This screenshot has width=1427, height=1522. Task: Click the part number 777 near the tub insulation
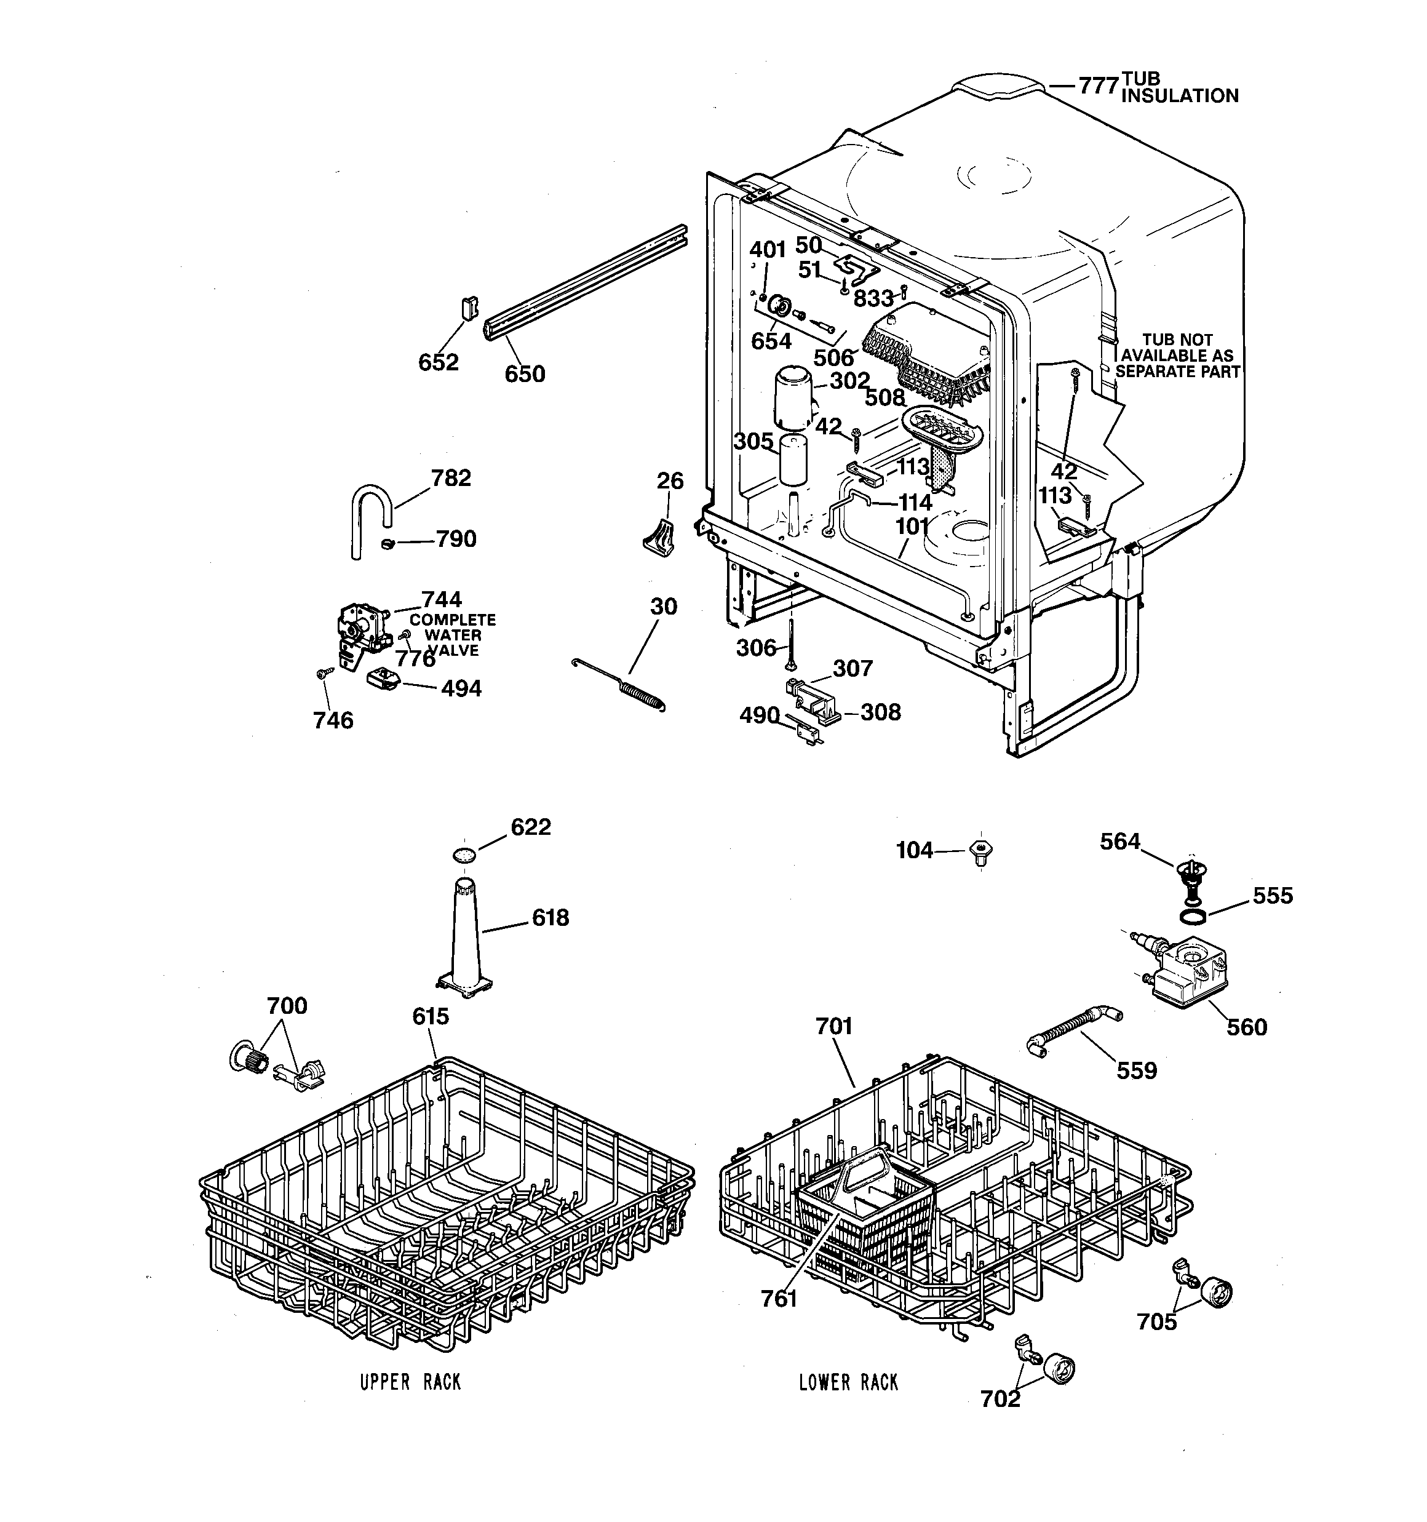1098,86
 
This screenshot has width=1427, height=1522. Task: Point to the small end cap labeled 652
469,309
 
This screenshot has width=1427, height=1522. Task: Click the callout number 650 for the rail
525,375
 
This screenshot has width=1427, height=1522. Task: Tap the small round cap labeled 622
464,854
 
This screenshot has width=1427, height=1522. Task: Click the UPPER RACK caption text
410,1382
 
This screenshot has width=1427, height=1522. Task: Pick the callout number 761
779,1299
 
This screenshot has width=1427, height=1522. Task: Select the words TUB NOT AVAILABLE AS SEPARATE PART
1177,355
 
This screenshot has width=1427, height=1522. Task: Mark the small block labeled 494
383,679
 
